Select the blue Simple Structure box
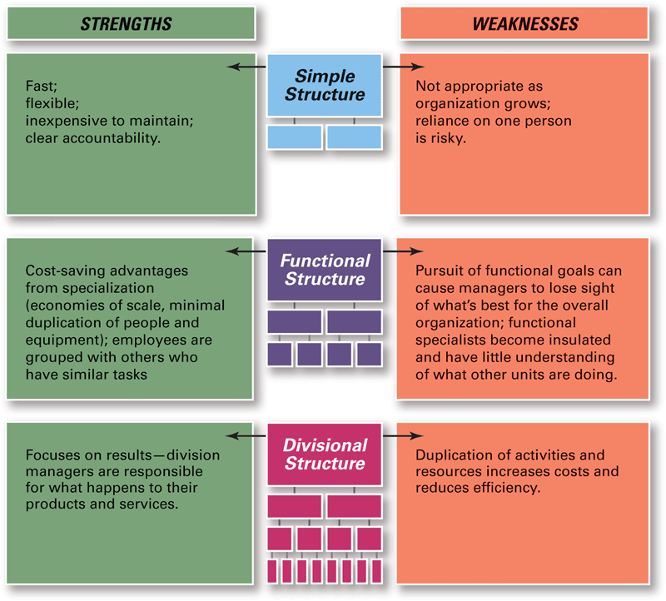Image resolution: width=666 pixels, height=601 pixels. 325,86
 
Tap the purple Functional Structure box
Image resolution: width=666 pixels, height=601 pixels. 325,270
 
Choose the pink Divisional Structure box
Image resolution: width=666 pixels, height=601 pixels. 325,455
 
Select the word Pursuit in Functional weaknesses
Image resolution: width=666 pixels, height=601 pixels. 440,271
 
